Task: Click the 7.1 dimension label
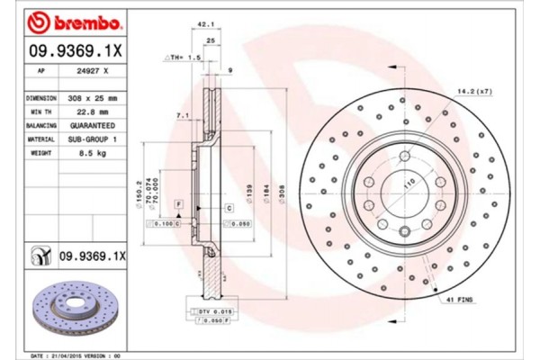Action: click(183, 115)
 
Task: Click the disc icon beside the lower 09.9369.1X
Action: click(41, 256)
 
